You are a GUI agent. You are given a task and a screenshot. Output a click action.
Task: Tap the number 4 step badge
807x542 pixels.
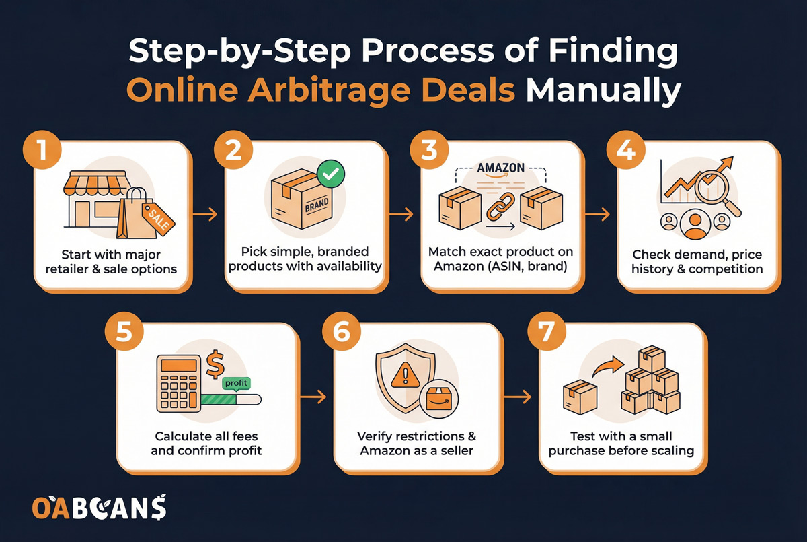tap(629, 152)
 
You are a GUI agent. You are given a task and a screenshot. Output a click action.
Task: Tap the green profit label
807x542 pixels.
tap(236, 382)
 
